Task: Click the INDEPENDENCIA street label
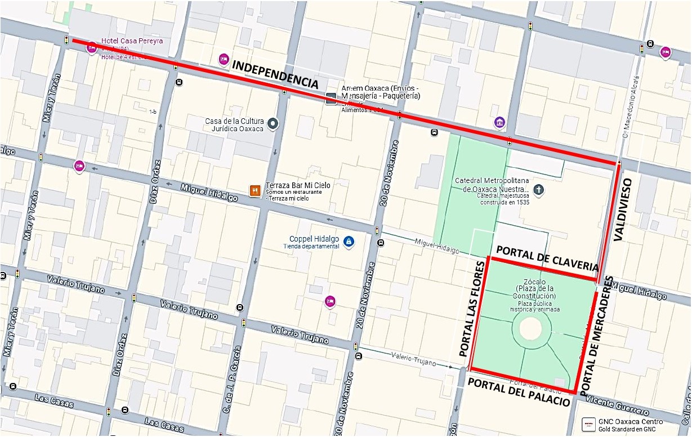click(275, 73)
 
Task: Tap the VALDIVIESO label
click(622, 209)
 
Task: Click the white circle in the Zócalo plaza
click(530, 328)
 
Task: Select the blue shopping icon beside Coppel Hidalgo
click(349, 242)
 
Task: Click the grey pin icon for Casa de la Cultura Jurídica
click(273, 123)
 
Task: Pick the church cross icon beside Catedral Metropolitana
click(539, 189)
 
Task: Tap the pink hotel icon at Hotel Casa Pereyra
click(91, 48)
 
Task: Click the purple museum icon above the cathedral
click(499, 122)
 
